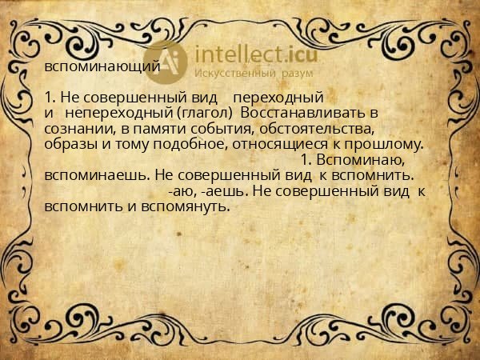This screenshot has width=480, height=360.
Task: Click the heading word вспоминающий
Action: tap(102, 66)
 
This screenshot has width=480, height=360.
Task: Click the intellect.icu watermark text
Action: tap(250, 54)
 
